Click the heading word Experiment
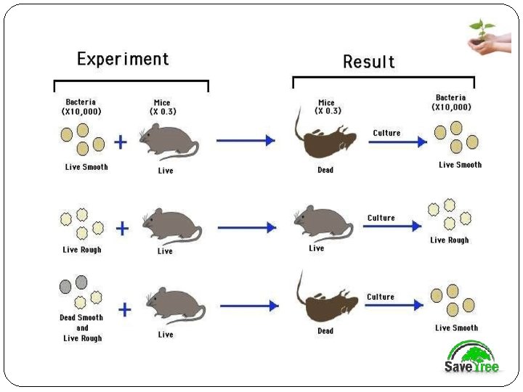(123, 59)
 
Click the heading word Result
(369, 62)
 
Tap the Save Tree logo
(472, 359)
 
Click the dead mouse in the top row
(326, 140)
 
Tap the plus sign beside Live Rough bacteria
(123, 229)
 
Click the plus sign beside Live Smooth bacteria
(121, 142)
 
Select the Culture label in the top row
(386, 133)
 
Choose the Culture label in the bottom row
(381, 297)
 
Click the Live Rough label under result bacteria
(449, 240)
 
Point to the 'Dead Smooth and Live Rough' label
(81, 328)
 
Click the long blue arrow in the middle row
(247, 227)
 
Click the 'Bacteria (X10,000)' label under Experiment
(81, 107)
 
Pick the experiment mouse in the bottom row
(174, 306)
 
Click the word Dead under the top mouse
(325, 170)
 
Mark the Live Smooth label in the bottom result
(456, 328)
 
